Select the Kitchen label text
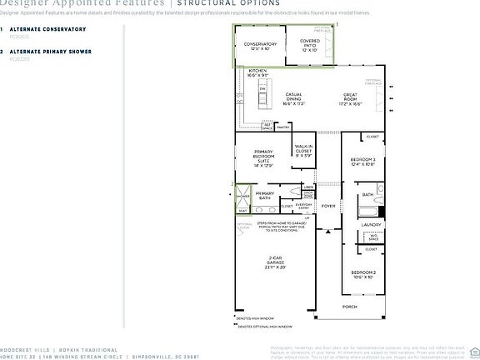click(x=258, y=73)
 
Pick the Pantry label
click(x=283, y=127)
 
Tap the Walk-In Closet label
click(x=304, y=152)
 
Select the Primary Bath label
click(x=265, y=195)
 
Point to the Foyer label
click(x=328, y=206)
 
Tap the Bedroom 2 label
click(x=362, y=275)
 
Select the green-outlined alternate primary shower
click(x=242, y=197)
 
